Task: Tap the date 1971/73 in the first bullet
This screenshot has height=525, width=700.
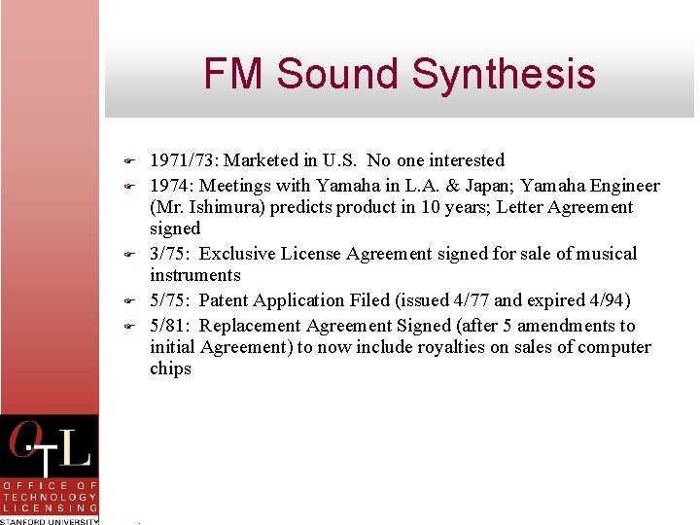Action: tap(183, 160)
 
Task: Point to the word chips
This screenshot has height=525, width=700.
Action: tap(170, 368)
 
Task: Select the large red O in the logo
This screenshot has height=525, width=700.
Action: tap(25, 442)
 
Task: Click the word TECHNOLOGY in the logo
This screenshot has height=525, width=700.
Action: tap(50, 496)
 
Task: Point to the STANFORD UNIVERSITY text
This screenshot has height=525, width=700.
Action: tap(50, 521)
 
